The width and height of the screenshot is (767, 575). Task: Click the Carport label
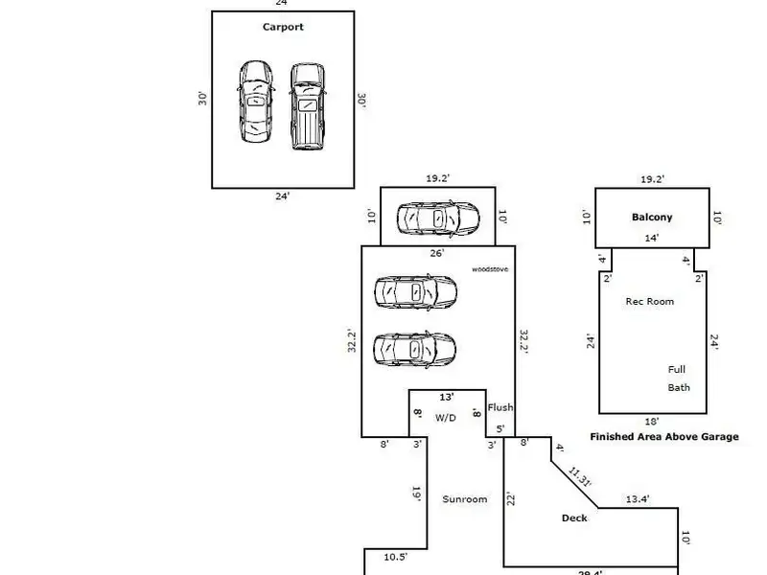pyautogui.click(x=283, y=27)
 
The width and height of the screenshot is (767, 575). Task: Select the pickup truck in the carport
pyautogui.click(x=306, y=105)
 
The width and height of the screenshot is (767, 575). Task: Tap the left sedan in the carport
pyautogui.click(x=255, y=102)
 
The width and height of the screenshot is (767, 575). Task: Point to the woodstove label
pyautogui.click(x=490, y=269)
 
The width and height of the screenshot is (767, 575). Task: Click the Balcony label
pyautogui.click(x=652, y=217)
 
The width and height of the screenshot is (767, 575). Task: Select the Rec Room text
pyautogui.click(x=649, y=301)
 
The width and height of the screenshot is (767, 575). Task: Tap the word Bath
pyautogui.click(x=679, y=388)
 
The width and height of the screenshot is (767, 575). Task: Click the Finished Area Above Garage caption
pyautogui.click(x=663, y=436)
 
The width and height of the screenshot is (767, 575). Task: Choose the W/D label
pyautogui.click(x=446, y=418)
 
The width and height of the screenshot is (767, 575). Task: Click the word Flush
pyautogui.click(x=500, y=407)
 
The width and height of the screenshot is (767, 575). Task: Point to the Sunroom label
pyautogui.click(x=464, y=499)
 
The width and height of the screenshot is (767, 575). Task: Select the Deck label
pyautogui.click(x=574, y=518)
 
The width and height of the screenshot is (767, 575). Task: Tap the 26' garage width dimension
pyautogui.click(x=436, y=254)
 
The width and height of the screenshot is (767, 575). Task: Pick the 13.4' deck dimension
pyautogui.click(x=638, y=498)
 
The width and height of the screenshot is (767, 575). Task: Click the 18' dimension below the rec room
pyautogui.click(x=652, y=421)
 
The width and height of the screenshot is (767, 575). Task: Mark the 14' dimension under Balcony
pyautogui.click(x=651, y=238)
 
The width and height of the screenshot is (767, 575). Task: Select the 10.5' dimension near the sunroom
pyautogui.click(x=396, y=557)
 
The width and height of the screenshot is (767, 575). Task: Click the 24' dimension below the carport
pyautogui.click(x=282, y=195)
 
